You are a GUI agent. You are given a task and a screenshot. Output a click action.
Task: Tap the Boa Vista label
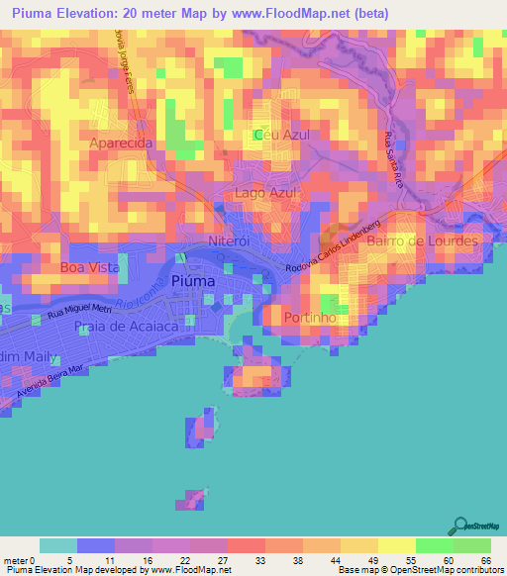pos(89,267)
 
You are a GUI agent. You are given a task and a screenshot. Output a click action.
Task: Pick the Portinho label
pos(312,318)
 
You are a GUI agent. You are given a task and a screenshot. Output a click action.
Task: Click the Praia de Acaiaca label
pos(130,326)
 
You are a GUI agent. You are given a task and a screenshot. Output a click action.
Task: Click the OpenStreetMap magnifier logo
pos(461,526)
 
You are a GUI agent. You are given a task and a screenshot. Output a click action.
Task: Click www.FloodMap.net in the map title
pos(296,14)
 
